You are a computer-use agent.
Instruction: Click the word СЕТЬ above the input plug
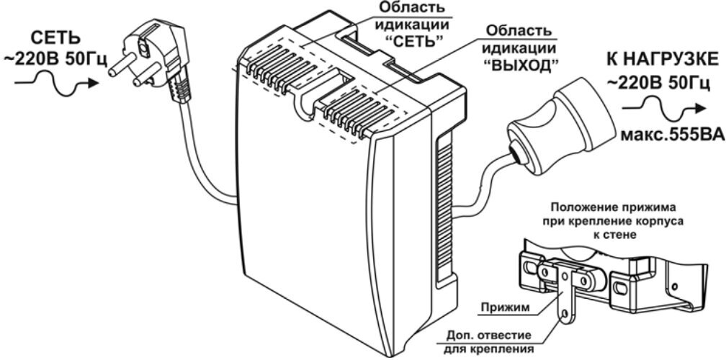[55, 35]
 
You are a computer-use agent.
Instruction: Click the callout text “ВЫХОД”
[524, 63]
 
